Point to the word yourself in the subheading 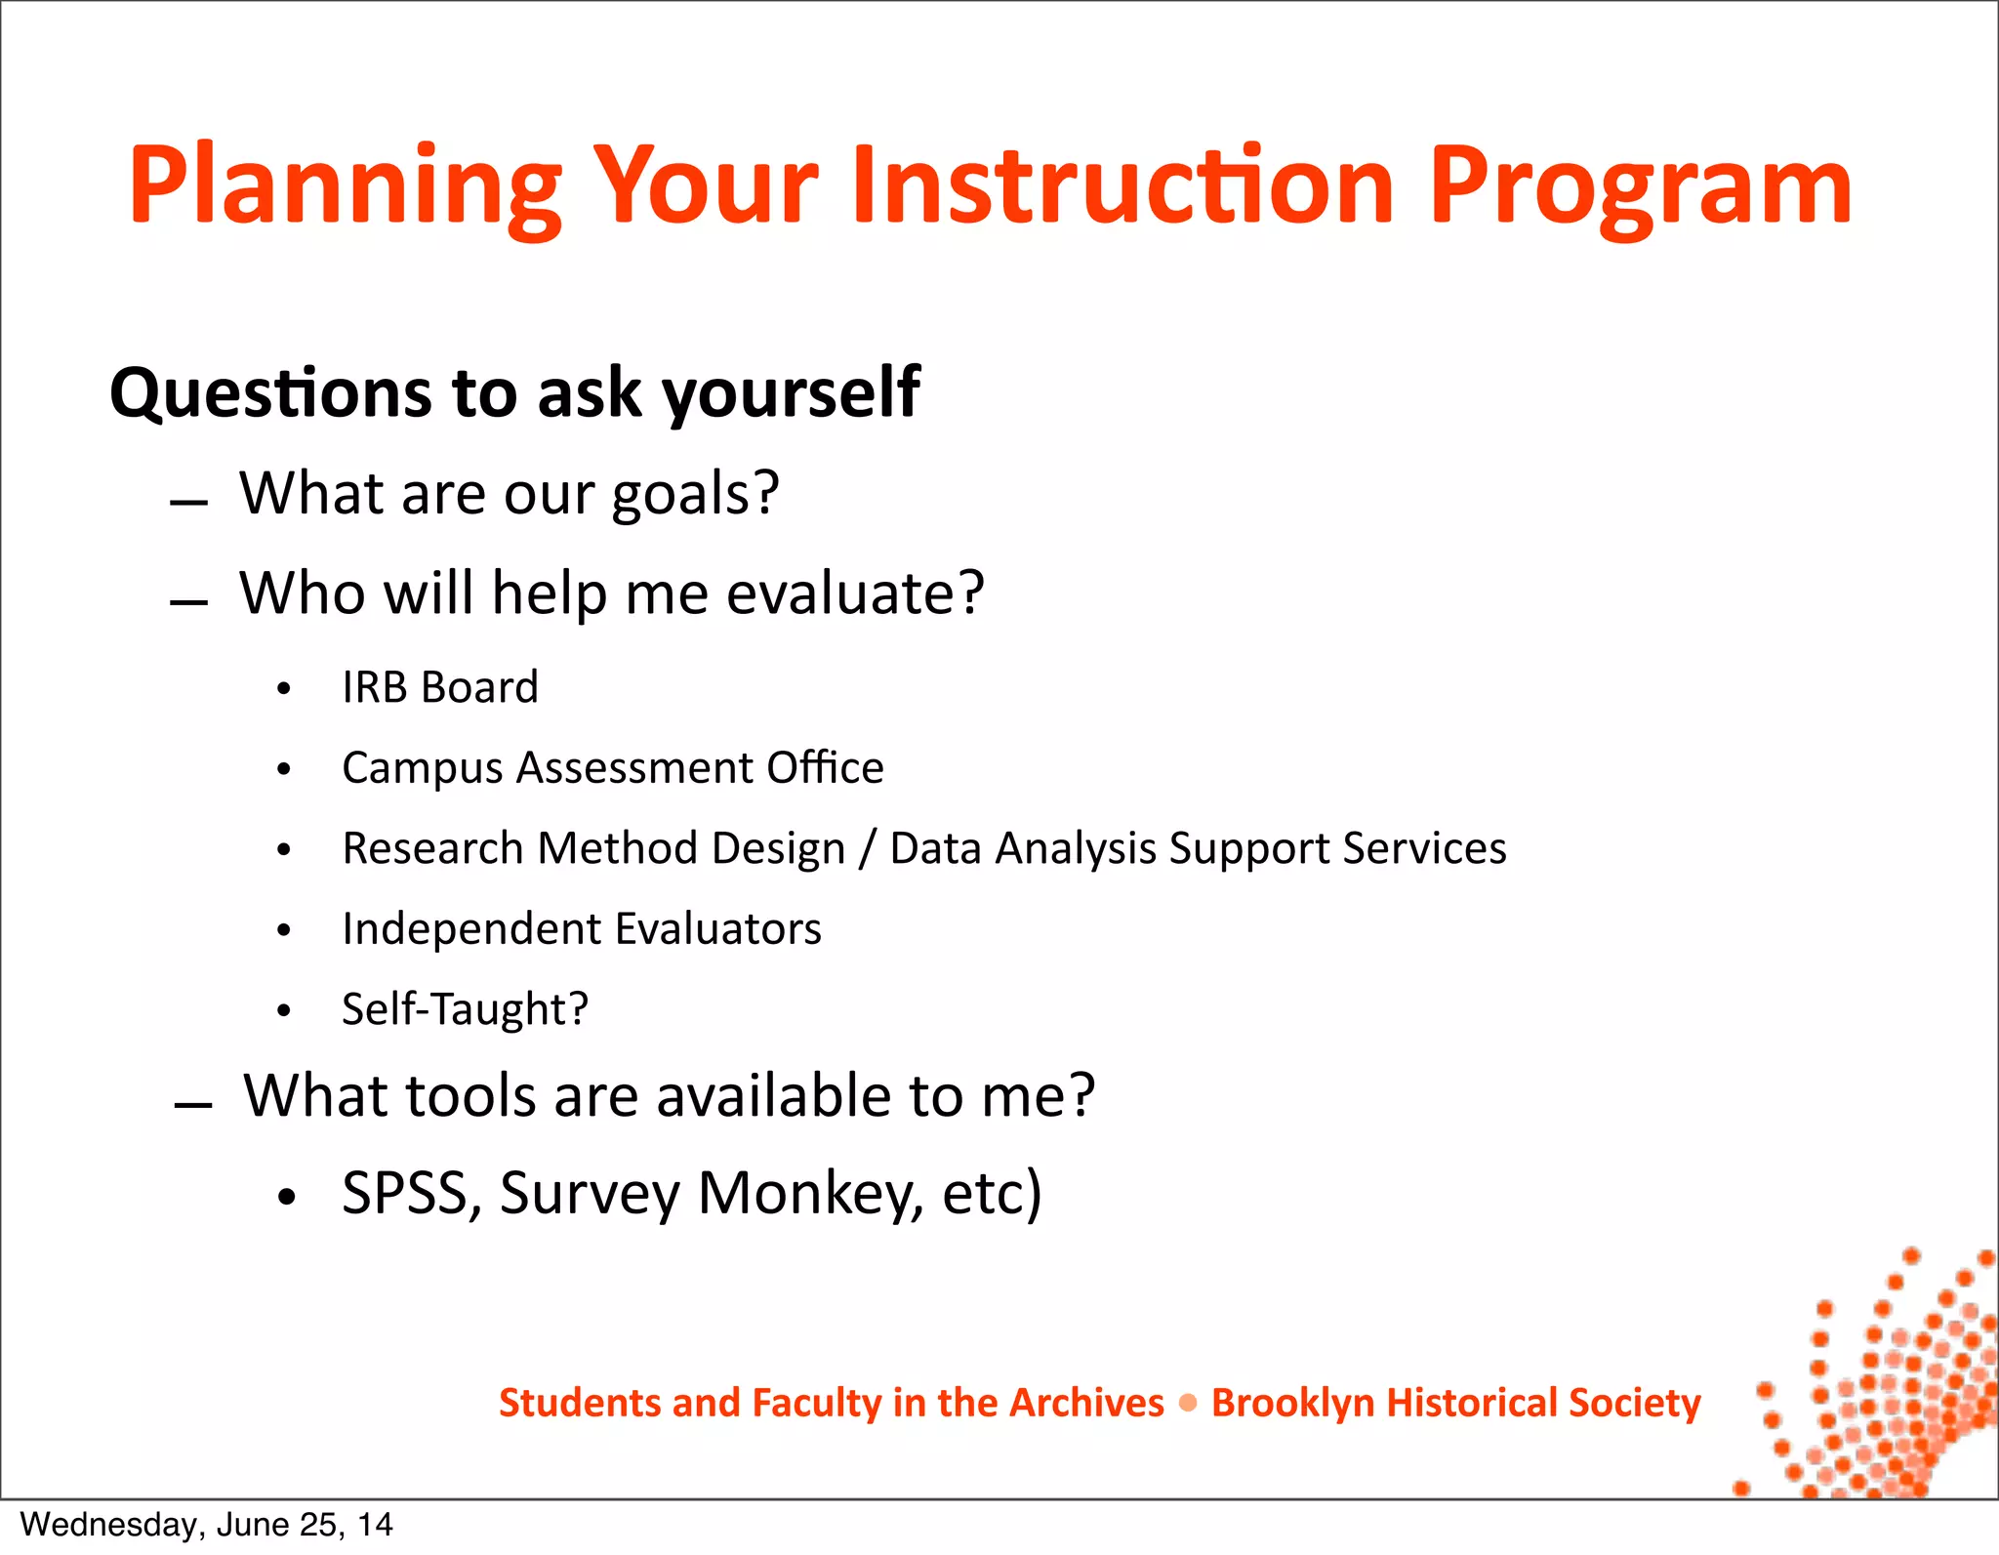point(791,393)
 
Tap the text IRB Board point(440,688)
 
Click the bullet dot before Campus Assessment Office point(284,769)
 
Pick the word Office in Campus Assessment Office point(825,768)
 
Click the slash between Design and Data point(868,848)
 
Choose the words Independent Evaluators point(582,929)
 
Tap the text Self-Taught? point(465,1009)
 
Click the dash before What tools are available point(193,1105)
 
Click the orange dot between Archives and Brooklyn point(1188,1403)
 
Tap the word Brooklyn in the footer point(1292,1403)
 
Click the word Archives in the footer point(1086,1403)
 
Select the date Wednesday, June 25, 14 point(206,1525)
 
